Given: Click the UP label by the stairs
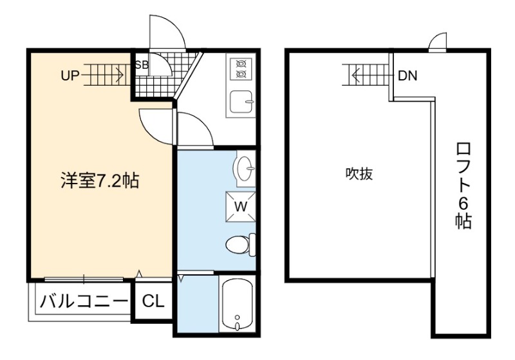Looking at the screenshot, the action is pos(70,76).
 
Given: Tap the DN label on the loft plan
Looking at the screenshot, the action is pos(407,76).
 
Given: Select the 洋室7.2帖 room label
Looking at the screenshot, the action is pos(100,181).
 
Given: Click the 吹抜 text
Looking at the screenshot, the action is pos(359,174).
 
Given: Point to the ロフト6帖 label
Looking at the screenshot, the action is pos(463,185).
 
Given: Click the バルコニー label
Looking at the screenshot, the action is pos(84,301).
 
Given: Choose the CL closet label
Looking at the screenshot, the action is pos(153,301).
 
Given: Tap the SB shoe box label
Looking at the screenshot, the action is pos(142,65).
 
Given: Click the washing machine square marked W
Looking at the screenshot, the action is pos(240,207).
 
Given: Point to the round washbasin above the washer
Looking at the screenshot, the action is pos(245,169).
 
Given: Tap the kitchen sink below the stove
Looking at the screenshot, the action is pos(241,102).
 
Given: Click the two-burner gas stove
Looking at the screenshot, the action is pos(241,69).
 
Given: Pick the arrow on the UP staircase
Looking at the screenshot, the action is pos(104,75).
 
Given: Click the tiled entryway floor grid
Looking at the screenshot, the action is pos(164,75).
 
